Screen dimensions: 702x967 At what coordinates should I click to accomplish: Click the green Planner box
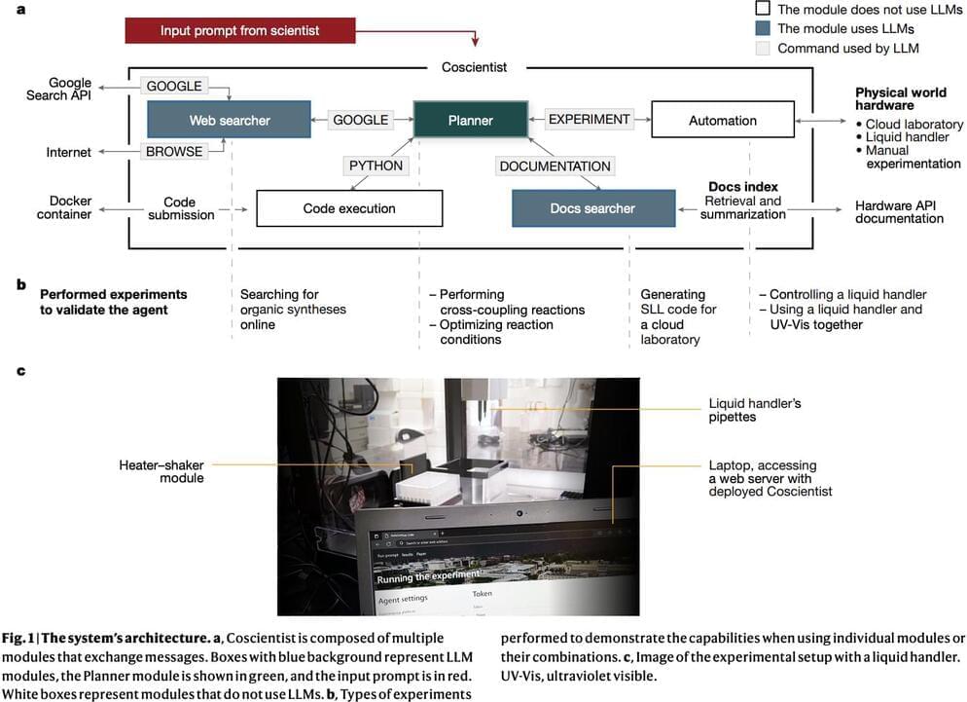pyautogui.click(x=471, y=120)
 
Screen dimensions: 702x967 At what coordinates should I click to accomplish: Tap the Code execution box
pyautogui.click(x=348, y=208)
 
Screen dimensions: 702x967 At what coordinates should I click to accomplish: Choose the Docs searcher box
pyautogui.click(x=593, y=208)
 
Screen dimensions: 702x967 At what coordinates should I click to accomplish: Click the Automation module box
pyautogui.click(x=722, y=120)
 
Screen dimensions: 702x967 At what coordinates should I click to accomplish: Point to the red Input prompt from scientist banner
pyautogui.click(x=239, y=30)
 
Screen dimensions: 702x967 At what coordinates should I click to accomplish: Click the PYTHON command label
pyautogui.click(x=376, y=166)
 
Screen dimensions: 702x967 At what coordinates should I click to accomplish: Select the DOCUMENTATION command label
pyautogui.click(x=555, y=166)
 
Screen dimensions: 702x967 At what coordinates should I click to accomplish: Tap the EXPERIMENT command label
pyautogui.click(x=590, y=120)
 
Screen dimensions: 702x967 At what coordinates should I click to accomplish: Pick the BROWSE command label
pyautogui.click(x=175, y=151)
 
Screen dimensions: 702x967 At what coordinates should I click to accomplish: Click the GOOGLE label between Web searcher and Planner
pyautogui.click(x=360, y=120)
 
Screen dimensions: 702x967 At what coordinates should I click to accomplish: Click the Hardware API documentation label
pyautogui.click(x=899, y=212)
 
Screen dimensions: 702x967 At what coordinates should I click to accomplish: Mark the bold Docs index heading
pyautogui.click(x=742, y=187)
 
